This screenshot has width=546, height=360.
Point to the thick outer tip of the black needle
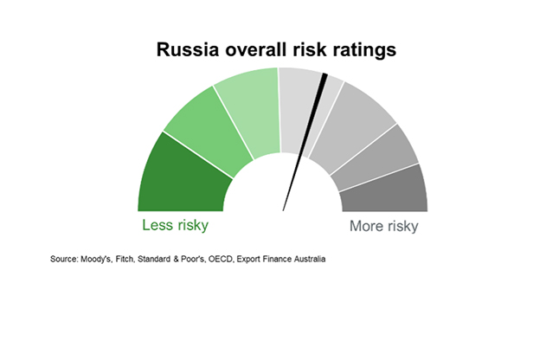(324, 75)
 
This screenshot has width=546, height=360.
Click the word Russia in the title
(188, 49)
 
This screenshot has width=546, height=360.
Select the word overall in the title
(259, 49)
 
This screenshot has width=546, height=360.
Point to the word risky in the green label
(192, 226)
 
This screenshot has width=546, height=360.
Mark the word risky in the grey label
(403, 227)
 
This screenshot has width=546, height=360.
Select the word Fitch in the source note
(125, 260)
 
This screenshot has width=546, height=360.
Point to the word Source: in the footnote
(64, 260)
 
